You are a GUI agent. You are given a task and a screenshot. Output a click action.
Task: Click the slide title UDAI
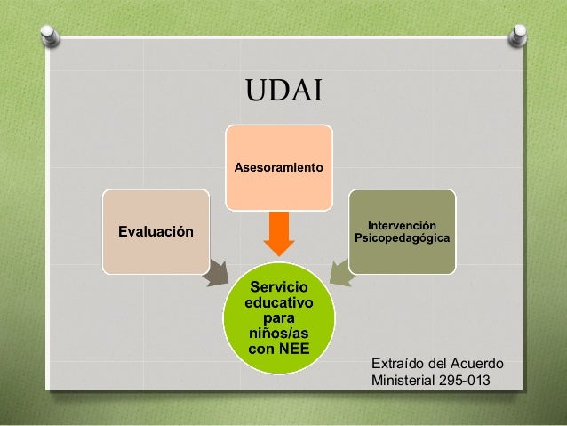[x=283, y=91]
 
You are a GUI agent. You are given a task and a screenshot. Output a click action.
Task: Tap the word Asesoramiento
[x=278, y=167]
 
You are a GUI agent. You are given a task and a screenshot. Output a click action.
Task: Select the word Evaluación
[x=156, y=232]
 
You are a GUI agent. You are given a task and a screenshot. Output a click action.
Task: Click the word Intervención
[x=402, y=226]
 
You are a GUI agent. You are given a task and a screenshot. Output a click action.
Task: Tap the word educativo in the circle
[x=278, y=302]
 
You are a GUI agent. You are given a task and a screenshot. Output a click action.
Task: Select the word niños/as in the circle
[x=278, y=333]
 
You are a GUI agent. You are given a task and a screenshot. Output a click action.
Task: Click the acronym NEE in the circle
[x=292, y=348]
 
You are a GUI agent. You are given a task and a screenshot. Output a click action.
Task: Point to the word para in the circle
[x=278, y=317]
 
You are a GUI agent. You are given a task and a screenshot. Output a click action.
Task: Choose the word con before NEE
[x=261, y=348]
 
